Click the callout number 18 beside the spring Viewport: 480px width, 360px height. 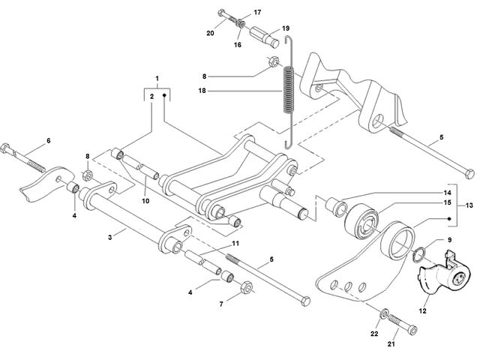click(202, 91)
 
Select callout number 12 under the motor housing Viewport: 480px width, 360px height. click(422, 311)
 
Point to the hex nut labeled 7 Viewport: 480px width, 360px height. click(247, 286)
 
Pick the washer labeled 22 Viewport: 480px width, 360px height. click(384, 313)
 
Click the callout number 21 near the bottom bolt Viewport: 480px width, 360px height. click(391, 344)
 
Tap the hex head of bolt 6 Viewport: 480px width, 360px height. click(6, 149)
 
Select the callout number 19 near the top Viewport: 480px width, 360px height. click(286, 28)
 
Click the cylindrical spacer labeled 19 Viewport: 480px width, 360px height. click(265, 37)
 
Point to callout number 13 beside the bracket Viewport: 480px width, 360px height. click(469, 205)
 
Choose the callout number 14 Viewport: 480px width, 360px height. click(447, 193)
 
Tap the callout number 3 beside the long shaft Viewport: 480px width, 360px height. click(110, 237)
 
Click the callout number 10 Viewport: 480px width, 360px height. click(145, 201)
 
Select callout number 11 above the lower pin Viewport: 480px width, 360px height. click(235, 243)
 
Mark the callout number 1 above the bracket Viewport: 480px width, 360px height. click(157, 78)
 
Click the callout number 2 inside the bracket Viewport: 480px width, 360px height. click(151, 97)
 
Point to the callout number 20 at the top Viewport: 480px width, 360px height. click(210, 33)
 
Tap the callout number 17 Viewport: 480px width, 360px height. click(257, 12)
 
